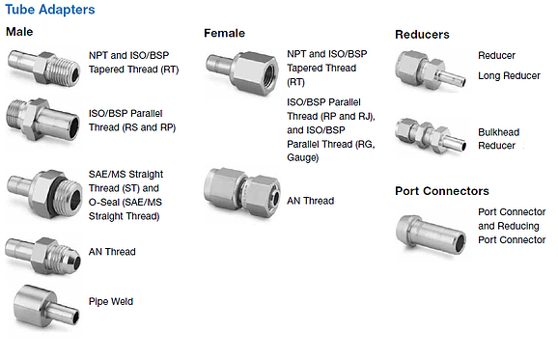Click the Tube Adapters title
(50, 10)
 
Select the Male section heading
(19, 32)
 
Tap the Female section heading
(224, 33)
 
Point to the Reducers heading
(422, 35)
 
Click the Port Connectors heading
(442, 191)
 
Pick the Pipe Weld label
(111, 301)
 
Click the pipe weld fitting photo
(46, 306)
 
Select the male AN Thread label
(112, 252)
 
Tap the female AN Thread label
(310, 201)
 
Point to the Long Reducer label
(509, 76)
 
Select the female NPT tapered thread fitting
(242, 72)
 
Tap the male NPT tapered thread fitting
(43, 69)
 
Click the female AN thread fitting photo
(242, 192)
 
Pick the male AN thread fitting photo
(43, 256)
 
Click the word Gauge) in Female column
(303, 157)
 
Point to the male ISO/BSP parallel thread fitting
(42, 120)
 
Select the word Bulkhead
(498, 132)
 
